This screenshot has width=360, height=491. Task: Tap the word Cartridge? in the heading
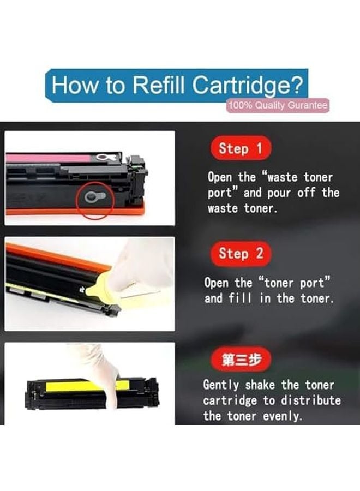[248, 86]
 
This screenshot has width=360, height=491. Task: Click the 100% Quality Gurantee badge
[278, 105]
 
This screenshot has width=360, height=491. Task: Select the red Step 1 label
[241, 148]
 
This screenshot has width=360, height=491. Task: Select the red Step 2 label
[241, 253]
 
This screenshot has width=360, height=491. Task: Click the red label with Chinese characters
[241, 359]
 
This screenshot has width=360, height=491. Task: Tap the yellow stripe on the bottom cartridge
[87, 386]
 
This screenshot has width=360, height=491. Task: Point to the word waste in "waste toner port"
[282, 177]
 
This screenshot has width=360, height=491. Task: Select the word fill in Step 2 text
[240, 298]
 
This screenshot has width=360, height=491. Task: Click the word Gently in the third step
[221, 385]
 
